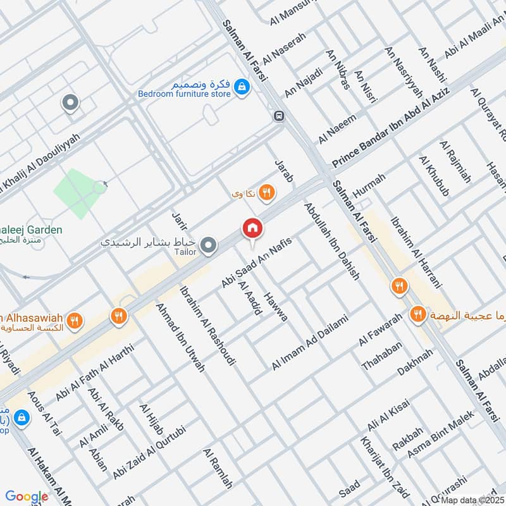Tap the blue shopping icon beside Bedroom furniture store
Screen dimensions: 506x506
coord(241,87)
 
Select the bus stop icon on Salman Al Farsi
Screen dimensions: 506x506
coord(279,116)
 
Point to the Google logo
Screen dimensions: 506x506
coord(27,497)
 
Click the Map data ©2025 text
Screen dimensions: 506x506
coord(472,500)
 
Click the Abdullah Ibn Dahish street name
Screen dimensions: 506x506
coord(331,242)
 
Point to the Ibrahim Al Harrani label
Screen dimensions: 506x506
coord(416,252)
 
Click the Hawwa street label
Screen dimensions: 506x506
coord(277,307)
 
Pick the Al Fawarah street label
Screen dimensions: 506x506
coord(380,330)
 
